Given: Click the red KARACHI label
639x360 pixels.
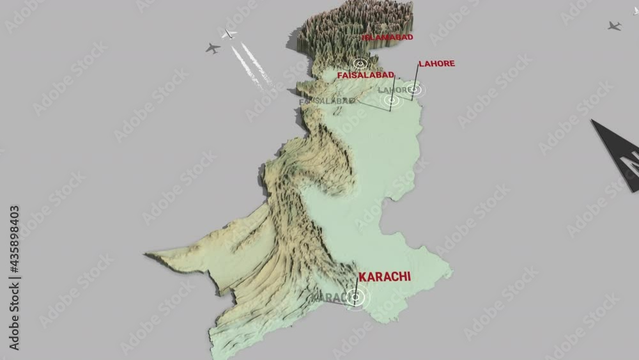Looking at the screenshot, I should pos(385,277).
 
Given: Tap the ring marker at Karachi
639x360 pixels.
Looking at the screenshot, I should pos(356,297).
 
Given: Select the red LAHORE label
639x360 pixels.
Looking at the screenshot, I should pos(436,64).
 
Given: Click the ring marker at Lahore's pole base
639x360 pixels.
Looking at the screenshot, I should pos(414,90).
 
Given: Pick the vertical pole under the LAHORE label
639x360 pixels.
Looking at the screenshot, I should pos(416,79).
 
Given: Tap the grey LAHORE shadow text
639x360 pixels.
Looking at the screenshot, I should pos(394,90).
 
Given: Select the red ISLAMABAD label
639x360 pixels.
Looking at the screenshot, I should pos(388,37).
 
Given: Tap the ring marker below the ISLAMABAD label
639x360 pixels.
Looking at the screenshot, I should pos(360,63).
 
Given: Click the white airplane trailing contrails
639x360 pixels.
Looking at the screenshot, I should pos(228,33).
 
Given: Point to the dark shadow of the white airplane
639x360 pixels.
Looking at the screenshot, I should pos(213,47).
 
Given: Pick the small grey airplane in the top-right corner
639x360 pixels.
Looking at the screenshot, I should pos(614,26).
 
